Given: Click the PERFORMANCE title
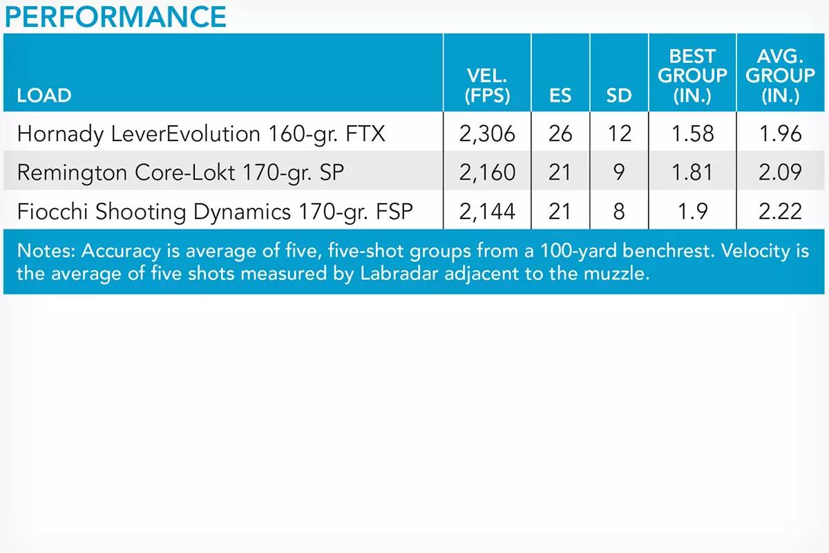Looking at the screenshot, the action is point(115,17).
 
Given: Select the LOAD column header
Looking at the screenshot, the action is point(44,95).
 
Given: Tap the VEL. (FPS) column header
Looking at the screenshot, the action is point(487,86).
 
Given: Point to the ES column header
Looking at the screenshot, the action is point(560,95).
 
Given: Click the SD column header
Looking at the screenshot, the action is point(619,95).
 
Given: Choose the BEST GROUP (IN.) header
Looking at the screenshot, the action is point(692,76).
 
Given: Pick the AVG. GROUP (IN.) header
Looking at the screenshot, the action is point(780,76).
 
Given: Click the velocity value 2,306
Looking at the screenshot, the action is point(487,134).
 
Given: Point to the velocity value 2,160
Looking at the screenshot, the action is point(487,173).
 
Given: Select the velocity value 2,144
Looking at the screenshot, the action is point(487,212).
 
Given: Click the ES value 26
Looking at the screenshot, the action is point(560,133).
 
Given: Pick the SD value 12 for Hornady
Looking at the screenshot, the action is point(619,133).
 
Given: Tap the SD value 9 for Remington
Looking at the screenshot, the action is point(619,172).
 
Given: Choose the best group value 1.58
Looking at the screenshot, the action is point(692,133).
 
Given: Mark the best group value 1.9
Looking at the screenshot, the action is point(692,212).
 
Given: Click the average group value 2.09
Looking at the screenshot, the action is point(780,172).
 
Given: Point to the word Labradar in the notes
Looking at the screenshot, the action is point(399,274).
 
